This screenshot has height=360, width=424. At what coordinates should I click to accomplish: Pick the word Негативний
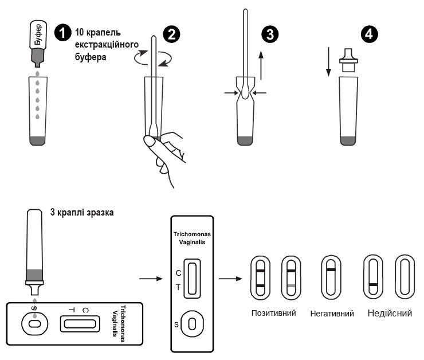tap(331, 314)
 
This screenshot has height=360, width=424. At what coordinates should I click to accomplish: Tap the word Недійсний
tap(388, 314)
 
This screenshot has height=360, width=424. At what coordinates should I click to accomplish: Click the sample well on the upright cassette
tap(192, 323)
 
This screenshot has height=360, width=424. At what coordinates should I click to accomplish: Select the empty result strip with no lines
tap(406, 277)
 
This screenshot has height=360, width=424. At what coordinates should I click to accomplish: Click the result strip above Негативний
tap(329, 277)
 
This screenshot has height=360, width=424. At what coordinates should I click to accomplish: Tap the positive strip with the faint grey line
tap(291, 277)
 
